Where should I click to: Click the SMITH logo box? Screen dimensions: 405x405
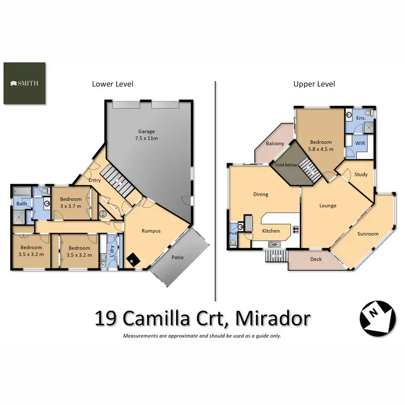[x=25, y=84]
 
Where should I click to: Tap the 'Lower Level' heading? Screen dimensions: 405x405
[x=112, y=84]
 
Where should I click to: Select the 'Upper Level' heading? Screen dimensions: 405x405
[x=314, y=84]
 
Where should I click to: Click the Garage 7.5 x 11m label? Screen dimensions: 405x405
[x=146, y=134]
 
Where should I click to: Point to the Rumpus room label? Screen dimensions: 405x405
[x=151, y=231]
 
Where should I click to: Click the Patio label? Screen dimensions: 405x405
[x=177, y=257]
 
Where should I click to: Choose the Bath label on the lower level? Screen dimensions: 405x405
[x=21, y=204]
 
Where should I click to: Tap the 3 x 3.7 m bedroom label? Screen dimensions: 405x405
[x=71, y=202]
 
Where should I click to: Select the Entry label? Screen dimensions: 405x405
[x=95, y=180]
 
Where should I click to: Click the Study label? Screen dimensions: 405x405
[x=361, y=174]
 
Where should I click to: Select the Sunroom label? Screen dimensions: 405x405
[x=368, y=234]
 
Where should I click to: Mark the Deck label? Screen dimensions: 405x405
[x=316, y=259]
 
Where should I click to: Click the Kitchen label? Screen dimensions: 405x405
[x=271, y=231]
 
